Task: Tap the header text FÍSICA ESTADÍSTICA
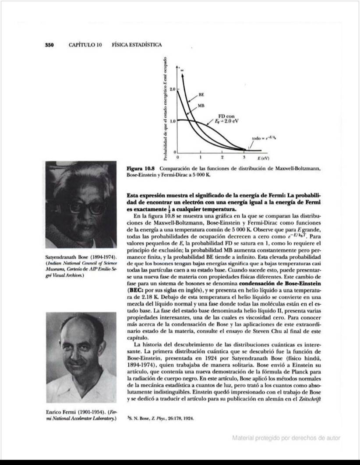click(x=137, y=45)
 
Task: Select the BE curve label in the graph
click(x=201, y=94)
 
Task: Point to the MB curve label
click(x=201, y=106)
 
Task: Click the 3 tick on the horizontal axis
click(x=244, y=156)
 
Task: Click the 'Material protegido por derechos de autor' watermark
click(x=286, y=437)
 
